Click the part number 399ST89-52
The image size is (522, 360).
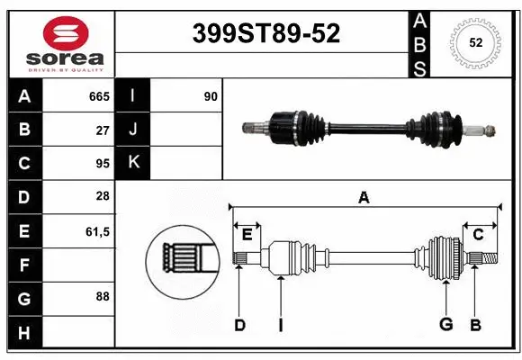pyautogui.click(x=267, y=34)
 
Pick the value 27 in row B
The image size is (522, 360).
pyautogui.click(x=103, y=130)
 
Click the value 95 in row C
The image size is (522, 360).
pyautogui.click(x=103, y=164)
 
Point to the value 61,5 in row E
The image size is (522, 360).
pyautogui.click(x=97, y=231)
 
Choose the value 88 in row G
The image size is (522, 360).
pyautogui.click(x=103, y=295)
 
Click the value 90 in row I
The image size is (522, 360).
pyautogui.click(x=210, y=96)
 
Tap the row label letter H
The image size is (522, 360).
pyautogui.click(x=24, y=334)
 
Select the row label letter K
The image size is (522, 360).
pyautogui.click(x=132, y=163)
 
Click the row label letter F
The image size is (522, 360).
pyautogui.click(x=24, y=265)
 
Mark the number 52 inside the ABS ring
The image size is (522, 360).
pyautogui.click(x=474, y=42)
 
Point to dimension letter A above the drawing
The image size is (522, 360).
pyautogui.click(x=364, y=197)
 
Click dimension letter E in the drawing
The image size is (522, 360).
pyautogui.click(x=247, y=235)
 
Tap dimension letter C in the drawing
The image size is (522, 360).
pyautogui.click(x=478, y=235)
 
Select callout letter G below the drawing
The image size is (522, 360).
pyautogui.click(x=445, y=325)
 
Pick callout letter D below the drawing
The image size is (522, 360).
pyautogui.click(x=239, y=325)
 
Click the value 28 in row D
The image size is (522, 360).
pyautogui.click(x=103, y=196)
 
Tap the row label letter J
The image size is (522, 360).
pyautogui.click(x=132, y=130)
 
